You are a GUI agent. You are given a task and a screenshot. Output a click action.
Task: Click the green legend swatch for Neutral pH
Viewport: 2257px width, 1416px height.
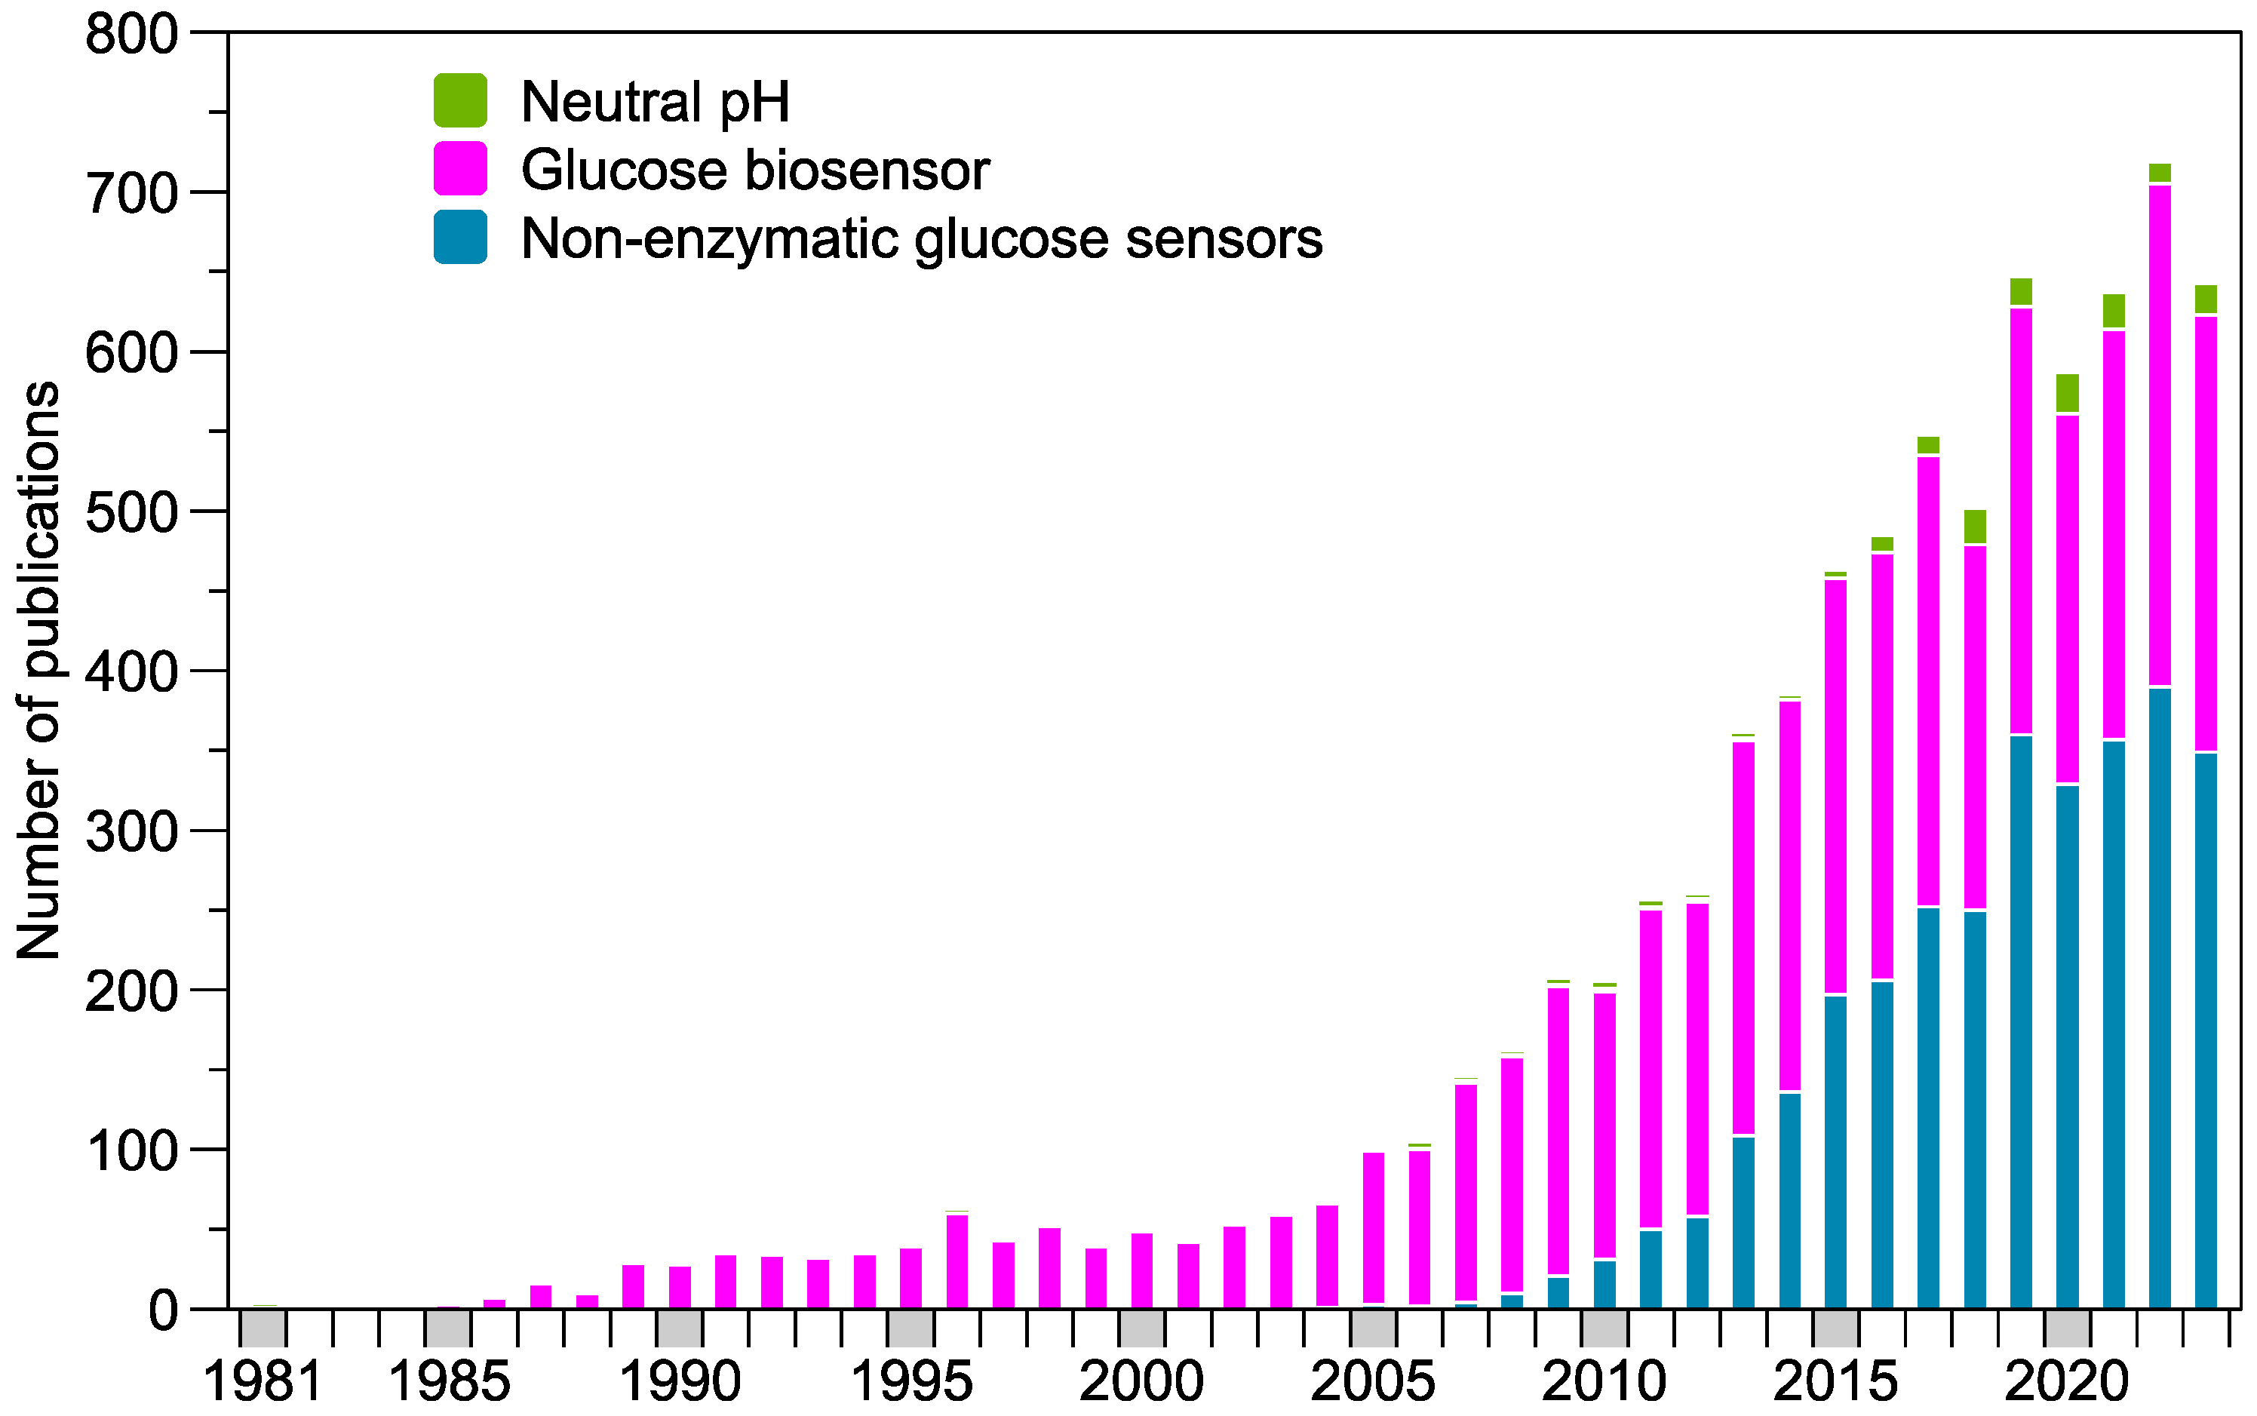click(460, 100)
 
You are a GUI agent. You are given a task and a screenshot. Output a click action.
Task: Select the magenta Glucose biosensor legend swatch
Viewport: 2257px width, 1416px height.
click(460, 168)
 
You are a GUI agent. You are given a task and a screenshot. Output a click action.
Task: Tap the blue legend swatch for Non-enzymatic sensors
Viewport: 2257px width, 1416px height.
click(460, 237)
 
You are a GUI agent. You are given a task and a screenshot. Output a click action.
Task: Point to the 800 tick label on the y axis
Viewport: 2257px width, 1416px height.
click(131, 35)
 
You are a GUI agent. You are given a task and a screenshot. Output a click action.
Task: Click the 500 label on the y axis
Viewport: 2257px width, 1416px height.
click(131, 513)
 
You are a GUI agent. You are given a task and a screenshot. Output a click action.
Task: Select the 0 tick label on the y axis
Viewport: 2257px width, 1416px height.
click(163, 1311)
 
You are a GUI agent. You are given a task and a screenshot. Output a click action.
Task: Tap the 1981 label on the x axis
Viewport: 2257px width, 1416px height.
click(263, 1382)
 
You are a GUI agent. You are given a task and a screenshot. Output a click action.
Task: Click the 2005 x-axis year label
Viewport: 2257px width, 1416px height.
click(1373, 1382)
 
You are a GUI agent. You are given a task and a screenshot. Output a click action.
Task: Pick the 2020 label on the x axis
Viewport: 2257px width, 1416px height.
click(2067, 1382)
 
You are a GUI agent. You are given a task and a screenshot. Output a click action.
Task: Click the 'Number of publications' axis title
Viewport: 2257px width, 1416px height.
click(39, 670)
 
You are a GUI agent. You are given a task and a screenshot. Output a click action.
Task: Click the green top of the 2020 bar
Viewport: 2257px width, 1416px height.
click(2068, 393)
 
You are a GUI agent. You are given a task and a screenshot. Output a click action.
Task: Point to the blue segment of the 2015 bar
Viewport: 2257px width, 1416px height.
click(1835, 1152)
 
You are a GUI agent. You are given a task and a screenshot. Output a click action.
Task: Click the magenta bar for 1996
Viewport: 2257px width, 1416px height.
click(957, 1261)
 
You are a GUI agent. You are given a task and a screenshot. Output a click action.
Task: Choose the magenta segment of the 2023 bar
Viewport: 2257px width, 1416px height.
click(2206, 534)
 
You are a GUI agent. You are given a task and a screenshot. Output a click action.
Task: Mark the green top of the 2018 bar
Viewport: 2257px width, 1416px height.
click(1975, 527)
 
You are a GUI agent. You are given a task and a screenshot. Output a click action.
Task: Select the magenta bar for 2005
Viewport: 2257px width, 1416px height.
click(1374, 1227)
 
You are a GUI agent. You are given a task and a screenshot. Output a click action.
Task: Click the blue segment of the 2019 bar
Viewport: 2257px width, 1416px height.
click(2021, 1021)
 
